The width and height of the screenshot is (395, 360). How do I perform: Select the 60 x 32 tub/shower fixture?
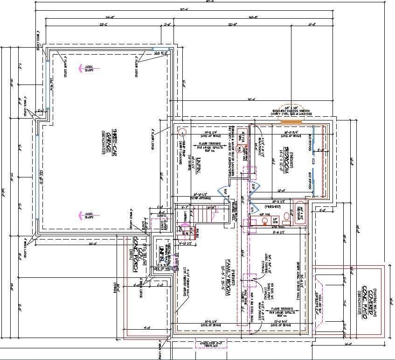(299, 213)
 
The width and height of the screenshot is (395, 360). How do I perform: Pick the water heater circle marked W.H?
(240, 149)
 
